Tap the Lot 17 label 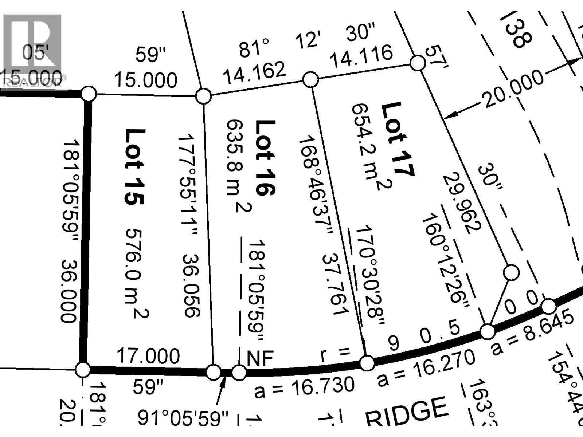point(398,139)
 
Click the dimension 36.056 point(192,285)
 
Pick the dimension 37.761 point(335,284)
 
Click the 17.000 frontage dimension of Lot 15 point(148,356)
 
